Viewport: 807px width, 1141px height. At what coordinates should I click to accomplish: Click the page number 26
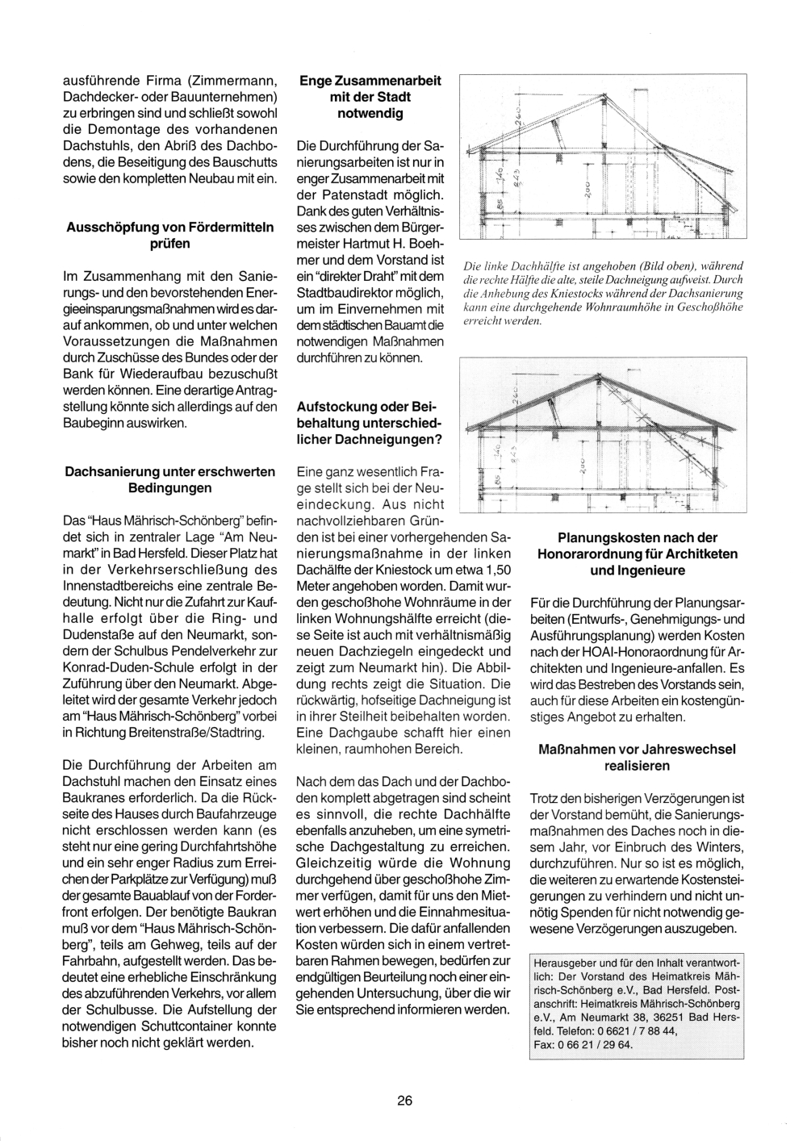[x=404, y=1100]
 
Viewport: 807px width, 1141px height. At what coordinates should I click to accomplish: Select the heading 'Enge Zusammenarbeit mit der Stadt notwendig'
[x=370, y=97]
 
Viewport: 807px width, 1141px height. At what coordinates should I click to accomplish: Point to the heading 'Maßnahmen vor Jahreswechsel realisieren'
[x=637, y=757]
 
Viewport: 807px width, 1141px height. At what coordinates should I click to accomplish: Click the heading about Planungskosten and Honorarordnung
[x=637, y=554]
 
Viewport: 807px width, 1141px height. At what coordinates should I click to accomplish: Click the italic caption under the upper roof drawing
[x=602, y=293]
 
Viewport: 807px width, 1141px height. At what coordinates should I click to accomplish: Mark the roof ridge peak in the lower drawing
[x=596, y=374]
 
